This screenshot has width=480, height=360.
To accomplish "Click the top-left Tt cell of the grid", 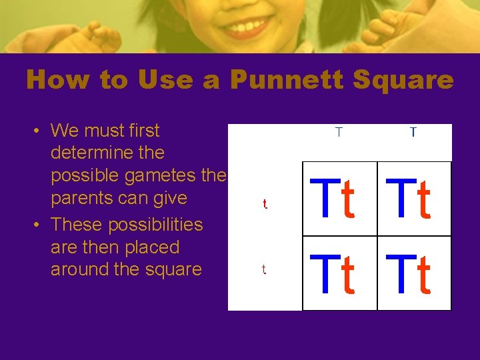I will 340,199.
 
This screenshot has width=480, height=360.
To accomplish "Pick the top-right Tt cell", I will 415,199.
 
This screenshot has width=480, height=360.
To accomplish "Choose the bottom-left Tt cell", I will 340,273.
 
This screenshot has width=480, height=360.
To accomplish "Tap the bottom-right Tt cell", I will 415,273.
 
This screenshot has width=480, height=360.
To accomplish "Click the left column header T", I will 339,132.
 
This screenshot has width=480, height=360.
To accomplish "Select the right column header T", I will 413,132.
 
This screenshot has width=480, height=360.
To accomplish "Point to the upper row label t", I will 265,204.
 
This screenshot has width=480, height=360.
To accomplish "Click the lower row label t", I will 264,269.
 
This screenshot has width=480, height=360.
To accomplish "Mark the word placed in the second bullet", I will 148,247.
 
